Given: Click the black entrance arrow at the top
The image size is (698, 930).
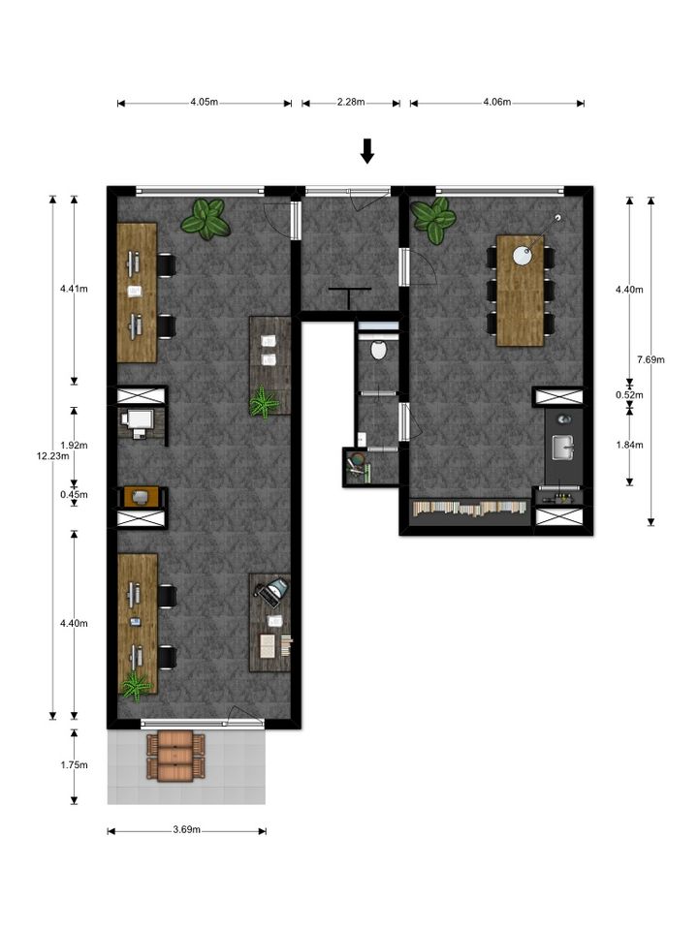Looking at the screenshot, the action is [x=367, y=151].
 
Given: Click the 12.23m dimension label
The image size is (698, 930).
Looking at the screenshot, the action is [x=52, y=456].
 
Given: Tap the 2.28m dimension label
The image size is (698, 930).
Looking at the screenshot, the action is [x=351, y=102].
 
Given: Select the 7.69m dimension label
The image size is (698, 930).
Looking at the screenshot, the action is [x=650, y=359].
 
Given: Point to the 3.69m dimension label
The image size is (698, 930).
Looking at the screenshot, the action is [x=186, y=830].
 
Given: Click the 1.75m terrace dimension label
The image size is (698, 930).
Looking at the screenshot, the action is [x=75, y=765].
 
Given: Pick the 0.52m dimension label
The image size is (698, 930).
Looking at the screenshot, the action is [x=629, y=395].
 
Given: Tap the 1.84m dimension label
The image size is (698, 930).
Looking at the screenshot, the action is [x=629, y=445].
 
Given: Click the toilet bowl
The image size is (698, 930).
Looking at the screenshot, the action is [x=378, y=350].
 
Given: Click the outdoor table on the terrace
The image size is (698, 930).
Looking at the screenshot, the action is [x=175, y=757].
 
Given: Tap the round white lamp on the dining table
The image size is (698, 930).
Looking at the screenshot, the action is [x=523, y=256].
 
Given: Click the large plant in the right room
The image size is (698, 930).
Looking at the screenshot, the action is [x=434, y=221].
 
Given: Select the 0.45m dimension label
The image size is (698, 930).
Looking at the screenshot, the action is [x=75, y=495].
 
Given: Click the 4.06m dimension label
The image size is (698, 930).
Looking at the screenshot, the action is [x=496, y=102].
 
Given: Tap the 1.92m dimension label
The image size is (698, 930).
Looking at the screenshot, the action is [x=75, y=446].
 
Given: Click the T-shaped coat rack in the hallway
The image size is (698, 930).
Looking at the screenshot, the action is [x=350, y=296].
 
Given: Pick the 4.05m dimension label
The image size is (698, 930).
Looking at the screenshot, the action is [x=205, y=102].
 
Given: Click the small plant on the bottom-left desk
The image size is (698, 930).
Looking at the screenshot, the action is [x=136, y=687].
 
